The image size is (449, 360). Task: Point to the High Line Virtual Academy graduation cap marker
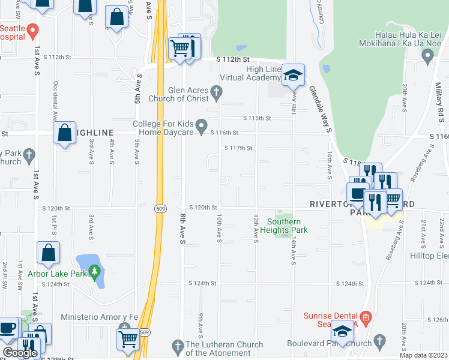click(292, 76)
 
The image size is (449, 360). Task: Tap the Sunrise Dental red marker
click(366, 316)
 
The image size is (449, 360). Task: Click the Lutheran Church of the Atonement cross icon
click(177, 346)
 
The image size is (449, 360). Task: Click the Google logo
click(20, 353)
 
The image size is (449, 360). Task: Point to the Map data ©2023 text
click(423, 355)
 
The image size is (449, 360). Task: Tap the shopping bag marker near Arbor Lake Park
click(48, 254)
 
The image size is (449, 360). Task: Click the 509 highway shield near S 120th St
click(158, 203)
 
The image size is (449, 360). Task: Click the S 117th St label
click(238, 148)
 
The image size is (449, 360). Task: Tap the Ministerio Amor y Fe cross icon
click(124, 328)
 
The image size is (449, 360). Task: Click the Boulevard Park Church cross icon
click(379, 341)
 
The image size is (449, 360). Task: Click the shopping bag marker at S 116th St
click(64, 134)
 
